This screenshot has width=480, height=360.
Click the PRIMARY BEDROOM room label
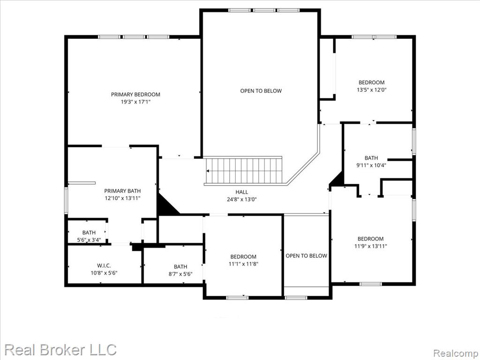(135, 94)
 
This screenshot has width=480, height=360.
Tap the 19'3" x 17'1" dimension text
(136, 102)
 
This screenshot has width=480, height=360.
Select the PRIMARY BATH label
(122, 191)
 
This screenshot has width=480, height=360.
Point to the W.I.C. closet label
(104, 265)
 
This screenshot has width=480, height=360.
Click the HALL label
(242, 192)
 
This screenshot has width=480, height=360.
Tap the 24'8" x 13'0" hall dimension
(242, 199)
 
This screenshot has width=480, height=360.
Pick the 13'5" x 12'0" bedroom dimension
(372, 90)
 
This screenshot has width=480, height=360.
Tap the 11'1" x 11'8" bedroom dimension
(244, 263)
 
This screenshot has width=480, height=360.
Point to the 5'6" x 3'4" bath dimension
(89, 240)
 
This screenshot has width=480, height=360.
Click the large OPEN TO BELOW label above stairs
(261, 90)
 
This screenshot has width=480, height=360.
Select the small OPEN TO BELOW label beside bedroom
(307, 255)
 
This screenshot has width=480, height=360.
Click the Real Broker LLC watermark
(60, 350)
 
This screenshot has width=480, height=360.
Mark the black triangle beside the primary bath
(167, 204)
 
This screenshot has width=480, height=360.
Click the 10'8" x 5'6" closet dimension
(104, 273)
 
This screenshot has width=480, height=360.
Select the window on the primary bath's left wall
(66, 201)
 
